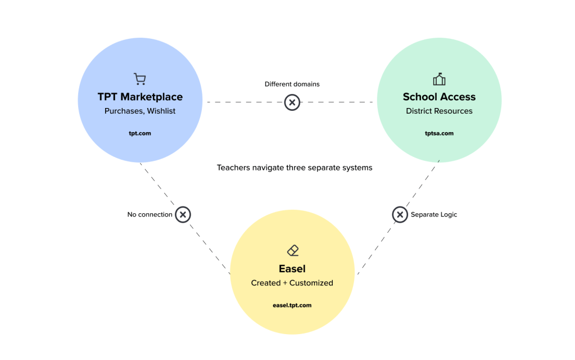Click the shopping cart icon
click(139, 79)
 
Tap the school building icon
click(439, 79)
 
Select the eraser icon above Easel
click(292, 250)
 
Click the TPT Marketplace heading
click(140, 97)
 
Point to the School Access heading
click(439, 97)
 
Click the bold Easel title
click(292, 268)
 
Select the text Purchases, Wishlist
click(140, 111)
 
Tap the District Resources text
click(439, 111)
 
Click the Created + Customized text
click(292, 283)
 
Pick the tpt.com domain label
click(140, 133)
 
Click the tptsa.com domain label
click(439, 133)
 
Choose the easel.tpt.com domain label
click(292, 305)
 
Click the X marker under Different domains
click(292, 102)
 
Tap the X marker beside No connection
click(183, 214)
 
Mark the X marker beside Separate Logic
click(400, 214)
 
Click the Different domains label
click(292, 84)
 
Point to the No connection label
click(150, 214)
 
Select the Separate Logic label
click(434, 214)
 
